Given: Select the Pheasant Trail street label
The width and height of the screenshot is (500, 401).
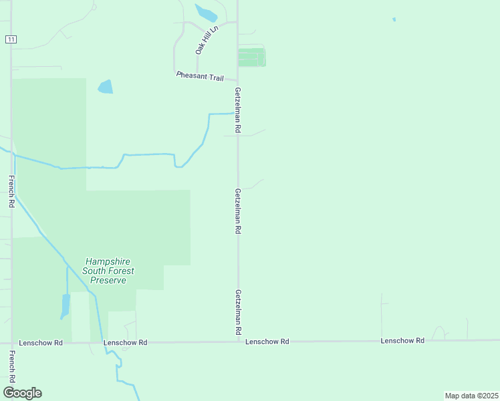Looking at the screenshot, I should (199, 77).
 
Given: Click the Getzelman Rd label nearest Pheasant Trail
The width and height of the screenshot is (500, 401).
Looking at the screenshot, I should (237, 109).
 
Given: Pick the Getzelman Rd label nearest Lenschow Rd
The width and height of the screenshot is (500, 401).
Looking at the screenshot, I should (238, 312).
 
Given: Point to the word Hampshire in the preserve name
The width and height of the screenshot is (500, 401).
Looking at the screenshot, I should (108, 262).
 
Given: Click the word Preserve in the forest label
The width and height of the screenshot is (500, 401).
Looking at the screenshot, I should (108, 281).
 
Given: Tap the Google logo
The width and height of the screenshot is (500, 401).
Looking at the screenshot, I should (22, 393).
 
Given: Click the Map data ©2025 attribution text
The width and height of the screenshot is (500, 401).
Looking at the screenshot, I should (471, 395).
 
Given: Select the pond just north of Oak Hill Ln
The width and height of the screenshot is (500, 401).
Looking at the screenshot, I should (207, 13).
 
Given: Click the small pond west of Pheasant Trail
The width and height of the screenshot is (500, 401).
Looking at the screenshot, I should (105, 87).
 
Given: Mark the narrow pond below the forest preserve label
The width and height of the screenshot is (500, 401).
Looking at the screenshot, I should (66, 305).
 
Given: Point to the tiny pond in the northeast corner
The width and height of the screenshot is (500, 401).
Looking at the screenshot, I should (394, 19).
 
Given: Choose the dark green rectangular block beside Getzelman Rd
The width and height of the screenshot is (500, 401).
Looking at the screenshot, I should (252, 57).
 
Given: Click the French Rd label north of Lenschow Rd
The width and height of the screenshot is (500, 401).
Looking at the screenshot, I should (11, 191).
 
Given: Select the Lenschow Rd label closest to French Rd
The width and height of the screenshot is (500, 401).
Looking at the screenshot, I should (41, 343).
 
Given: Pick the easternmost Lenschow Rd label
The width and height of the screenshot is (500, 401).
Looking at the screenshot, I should (402, 341).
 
